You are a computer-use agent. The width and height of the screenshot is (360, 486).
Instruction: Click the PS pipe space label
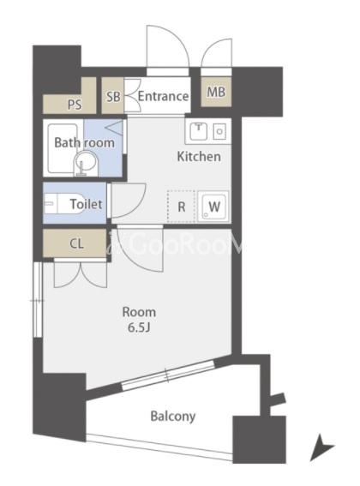(75, 105)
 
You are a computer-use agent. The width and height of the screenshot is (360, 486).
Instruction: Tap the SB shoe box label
(113, 97)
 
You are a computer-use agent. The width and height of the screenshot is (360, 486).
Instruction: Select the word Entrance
(163, 96)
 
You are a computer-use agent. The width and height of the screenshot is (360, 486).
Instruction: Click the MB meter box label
(216, 92)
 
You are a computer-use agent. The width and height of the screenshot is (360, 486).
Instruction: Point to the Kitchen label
(199, 157)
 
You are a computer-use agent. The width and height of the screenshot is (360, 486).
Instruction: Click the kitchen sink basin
(199, 131)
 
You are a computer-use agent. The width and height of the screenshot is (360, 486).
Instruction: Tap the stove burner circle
(219, 131)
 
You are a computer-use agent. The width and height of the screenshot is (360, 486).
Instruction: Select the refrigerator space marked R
(181, 206)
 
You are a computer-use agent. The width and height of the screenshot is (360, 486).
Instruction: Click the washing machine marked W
(213, 206)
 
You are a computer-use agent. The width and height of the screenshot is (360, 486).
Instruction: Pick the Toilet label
(86, 204)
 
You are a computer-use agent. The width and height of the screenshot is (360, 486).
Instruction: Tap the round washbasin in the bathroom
(85, 164)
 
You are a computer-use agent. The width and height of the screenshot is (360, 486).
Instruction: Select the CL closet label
(76, 244)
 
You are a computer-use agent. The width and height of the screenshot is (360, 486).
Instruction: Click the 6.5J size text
(139, 328)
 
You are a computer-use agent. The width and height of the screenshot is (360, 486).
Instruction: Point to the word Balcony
(173, 417)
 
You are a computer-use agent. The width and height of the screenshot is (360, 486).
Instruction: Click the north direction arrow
(321, 447)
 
